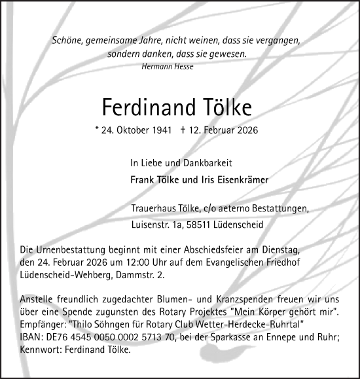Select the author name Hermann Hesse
(x=168, y=67)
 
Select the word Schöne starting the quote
(x=67, y=41)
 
